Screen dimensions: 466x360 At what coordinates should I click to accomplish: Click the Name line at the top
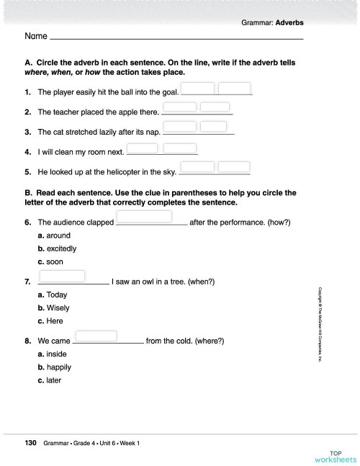click(176, 36)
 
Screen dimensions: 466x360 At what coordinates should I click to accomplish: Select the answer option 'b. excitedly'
click(57, 248)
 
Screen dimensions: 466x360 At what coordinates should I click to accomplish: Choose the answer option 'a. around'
click(54, 236)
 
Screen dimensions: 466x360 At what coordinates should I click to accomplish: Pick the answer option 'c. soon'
click(50, 262)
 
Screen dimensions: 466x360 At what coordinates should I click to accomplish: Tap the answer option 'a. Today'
click(53, 295)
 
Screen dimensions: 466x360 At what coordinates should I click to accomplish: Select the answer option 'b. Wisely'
click(54, 308)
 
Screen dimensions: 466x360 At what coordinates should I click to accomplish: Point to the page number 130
click(31, 443)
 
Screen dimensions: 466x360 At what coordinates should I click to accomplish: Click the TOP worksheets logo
click(335, 455)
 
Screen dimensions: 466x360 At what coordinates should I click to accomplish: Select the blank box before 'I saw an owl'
click(62, 275)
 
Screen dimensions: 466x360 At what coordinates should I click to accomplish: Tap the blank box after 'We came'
click(95, 335)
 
